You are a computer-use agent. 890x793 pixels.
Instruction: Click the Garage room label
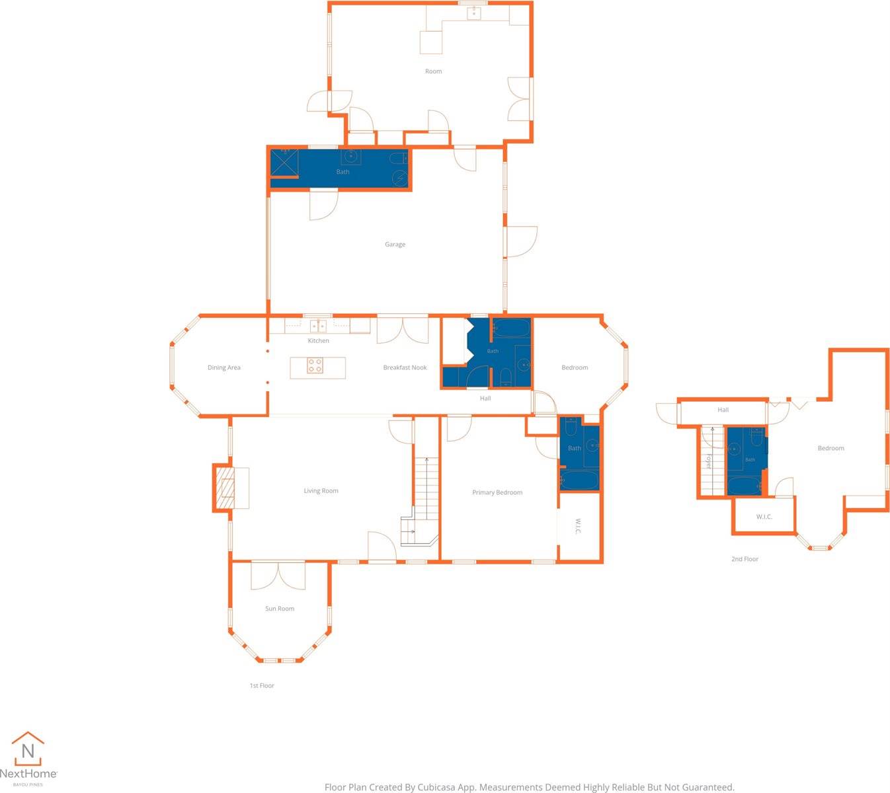click(x=395, y=245)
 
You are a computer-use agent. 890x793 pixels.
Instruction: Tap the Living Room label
click(x=321, y=491)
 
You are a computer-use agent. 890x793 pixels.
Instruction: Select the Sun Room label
click(x=280, y=609)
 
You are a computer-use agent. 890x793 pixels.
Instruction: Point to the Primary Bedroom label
click(x=497, y=493)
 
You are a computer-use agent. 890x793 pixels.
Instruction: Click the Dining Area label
click(x=224, y=367)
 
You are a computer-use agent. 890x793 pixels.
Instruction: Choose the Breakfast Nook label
click(x=405, y=367)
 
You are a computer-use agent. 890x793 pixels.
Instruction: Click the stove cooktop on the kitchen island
click(x=315, y=365)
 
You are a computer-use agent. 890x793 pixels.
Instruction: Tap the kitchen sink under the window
click(x=318, y=326)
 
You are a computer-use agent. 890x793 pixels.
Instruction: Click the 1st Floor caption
click(x=262, y=685)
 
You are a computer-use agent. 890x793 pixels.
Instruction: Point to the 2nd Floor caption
click(x=745, y=559)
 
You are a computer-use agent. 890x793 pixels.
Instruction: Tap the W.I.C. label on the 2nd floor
click(x=764, y=517)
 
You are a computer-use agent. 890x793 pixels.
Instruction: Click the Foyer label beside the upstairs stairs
click(x=708, y=461)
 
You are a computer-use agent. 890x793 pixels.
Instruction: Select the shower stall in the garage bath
click(x=284, y=163)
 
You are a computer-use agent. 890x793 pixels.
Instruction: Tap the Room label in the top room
click(x=433, y=71)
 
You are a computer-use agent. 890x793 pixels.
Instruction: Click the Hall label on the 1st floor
click(x=485, y=398)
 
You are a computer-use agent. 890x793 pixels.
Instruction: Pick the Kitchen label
click(x=319, y=341)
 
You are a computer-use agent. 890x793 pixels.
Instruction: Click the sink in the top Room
click(x=473, y=13)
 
